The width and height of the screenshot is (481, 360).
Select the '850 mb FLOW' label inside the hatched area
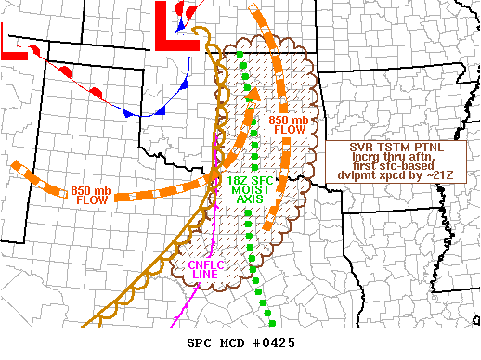[287, 125]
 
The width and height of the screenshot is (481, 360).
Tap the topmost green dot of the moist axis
[240, 56]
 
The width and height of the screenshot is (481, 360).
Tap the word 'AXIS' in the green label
[251, 199]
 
